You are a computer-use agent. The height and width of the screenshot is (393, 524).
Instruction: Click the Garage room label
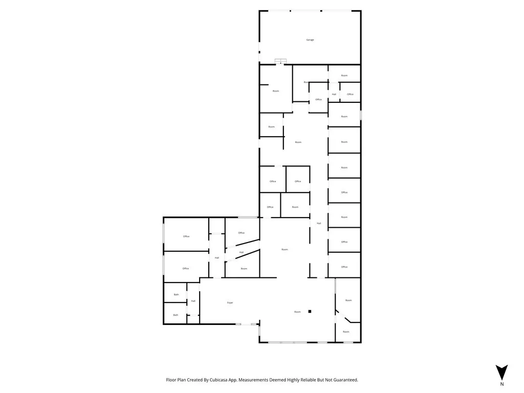click(x=310, y=39)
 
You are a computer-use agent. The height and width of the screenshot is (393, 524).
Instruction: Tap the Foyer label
click(x=230, y=303)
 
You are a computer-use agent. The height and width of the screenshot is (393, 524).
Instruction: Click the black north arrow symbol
click(x=502, y=372)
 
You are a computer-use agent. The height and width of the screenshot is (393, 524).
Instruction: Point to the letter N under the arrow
click(x=502, y=384)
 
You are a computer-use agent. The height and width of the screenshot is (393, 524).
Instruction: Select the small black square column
click(x=310, y=311)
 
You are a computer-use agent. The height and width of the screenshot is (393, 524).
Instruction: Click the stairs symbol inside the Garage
click(x=280, y=61)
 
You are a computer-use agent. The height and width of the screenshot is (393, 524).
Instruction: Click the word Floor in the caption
click(x=171, y=380)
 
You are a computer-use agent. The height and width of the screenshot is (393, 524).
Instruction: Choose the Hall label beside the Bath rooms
click(x=193, y=301)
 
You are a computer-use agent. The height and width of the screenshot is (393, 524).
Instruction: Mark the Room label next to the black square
click(x=297, y=312)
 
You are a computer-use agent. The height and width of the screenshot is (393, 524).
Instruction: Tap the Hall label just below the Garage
click(x=334, y=94)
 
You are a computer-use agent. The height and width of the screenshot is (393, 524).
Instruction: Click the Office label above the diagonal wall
click(x=242, y=233)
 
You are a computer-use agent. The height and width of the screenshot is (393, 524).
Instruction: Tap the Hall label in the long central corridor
click(x=319, y=223)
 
